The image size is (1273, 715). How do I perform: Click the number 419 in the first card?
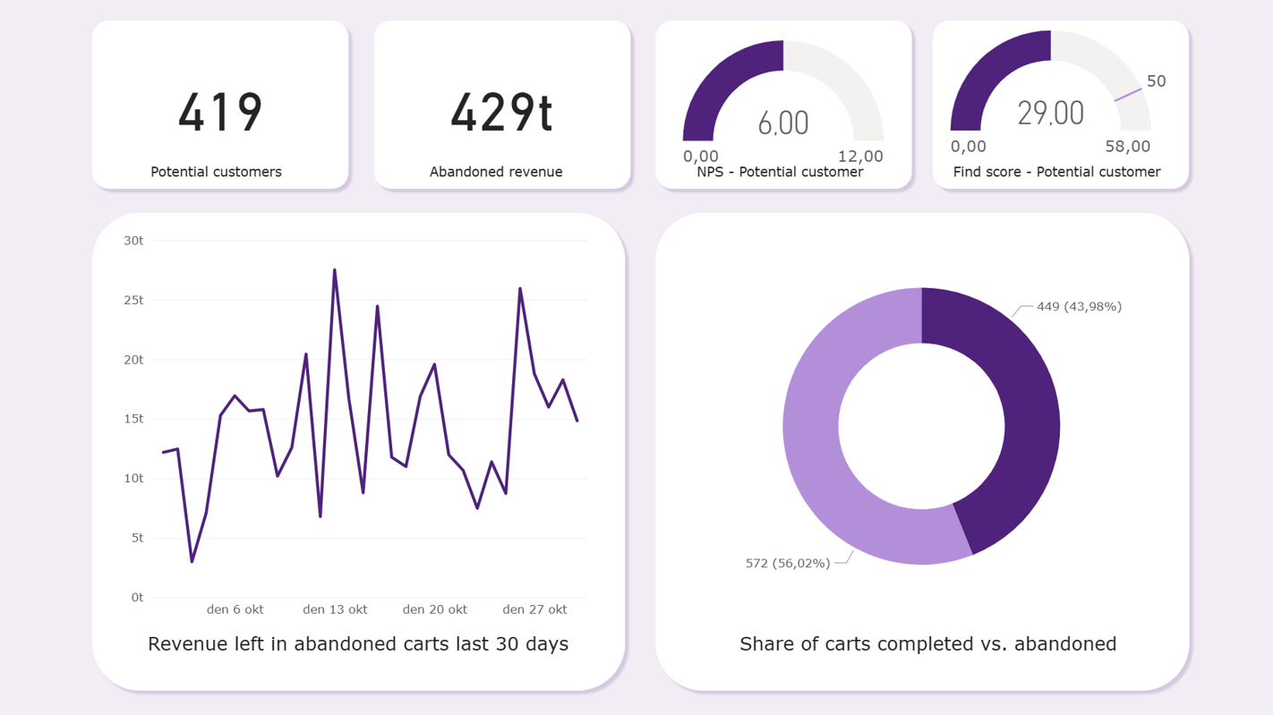pos(220,113)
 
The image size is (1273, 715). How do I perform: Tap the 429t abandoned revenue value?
pos(501,113)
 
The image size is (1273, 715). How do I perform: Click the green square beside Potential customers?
pos(313,170)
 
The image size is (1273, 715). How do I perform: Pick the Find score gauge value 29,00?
pos(1050,114)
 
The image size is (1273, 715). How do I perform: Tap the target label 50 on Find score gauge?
pos(1156,81)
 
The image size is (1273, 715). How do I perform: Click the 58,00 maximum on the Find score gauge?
pos(1127,147)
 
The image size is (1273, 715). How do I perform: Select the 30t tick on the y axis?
pos(134,241)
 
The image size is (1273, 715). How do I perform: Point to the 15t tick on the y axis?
pos(134,419)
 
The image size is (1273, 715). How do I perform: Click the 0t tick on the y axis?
pos(137,597)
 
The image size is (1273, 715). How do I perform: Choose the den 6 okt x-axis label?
pos(235,609)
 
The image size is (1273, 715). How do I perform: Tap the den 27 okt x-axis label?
pos(534,609)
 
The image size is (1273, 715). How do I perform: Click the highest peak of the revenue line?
pos(335,270)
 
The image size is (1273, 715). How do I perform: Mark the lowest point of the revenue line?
pos(192,561)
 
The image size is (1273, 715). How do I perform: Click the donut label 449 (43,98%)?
pos(1079,307)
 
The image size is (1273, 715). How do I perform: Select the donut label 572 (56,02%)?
pos(788,563)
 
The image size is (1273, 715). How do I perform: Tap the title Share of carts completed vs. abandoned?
pos(927,643)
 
